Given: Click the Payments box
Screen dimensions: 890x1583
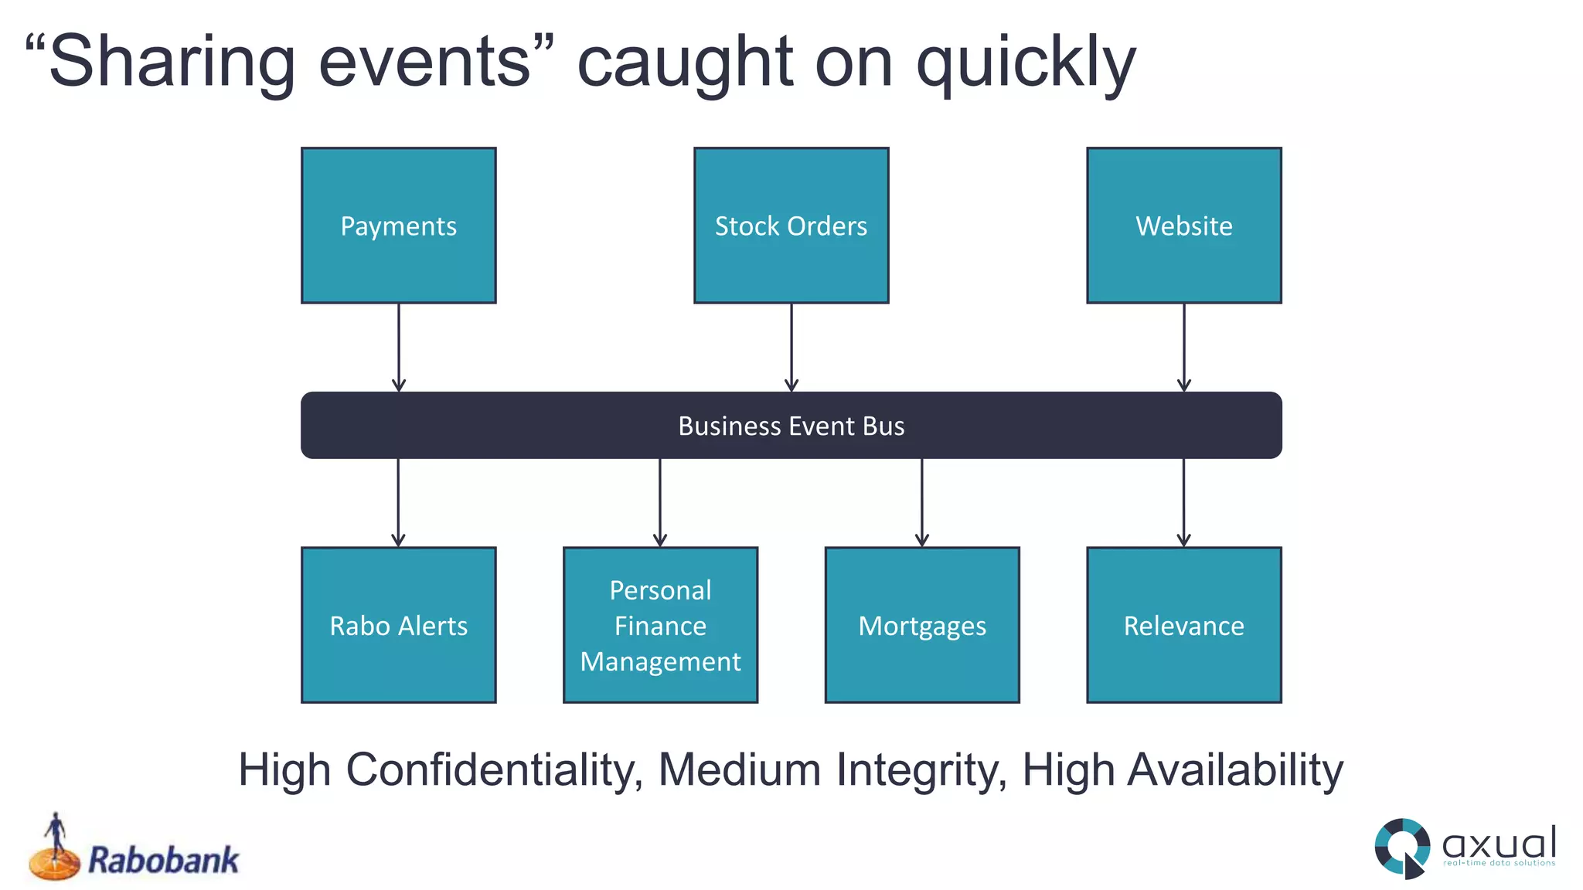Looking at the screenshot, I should tap(398, 226).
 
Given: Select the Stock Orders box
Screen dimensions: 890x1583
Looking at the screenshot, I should tap(791, 226).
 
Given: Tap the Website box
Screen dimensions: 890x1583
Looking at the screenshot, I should tap(1183, 226).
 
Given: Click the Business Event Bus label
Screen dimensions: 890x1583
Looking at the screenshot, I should tap(791, 426).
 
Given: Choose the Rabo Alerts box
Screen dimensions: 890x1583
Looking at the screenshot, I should tap(398, 625).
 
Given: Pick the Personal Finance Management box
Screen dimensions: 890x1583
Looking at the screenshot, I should tap(660, 625).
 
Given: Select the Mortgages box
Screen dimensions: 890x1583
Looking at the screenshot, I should tap(922, 625).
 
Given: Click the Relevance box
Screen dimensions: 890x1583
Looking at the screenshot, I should tap(1183, 625).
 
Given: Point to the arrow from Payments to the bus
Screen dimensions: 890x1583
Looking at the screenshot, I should tap(399, 348).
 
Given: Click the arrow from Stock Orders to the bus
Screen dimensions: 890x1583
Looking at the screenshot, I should tap(791, 348).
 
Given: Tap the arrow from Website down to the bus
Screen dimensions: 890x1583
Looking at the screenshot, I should tap(1184, 348).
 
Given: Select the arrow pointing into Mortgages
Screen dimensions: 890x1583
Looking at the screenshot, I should tap(922, 503).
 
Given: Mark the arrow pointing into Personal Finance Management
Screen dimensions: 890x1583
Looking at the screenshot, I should tap(660, 503).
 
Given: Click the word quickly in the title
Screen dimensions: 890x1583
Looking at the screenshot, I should tap(1026, 63).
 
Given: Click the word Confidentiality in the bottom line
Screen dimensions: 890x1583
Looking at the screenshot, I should tap(494, 770).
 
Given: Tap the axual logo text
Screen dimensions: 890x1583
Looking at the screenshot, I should tap(1499, 843).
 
